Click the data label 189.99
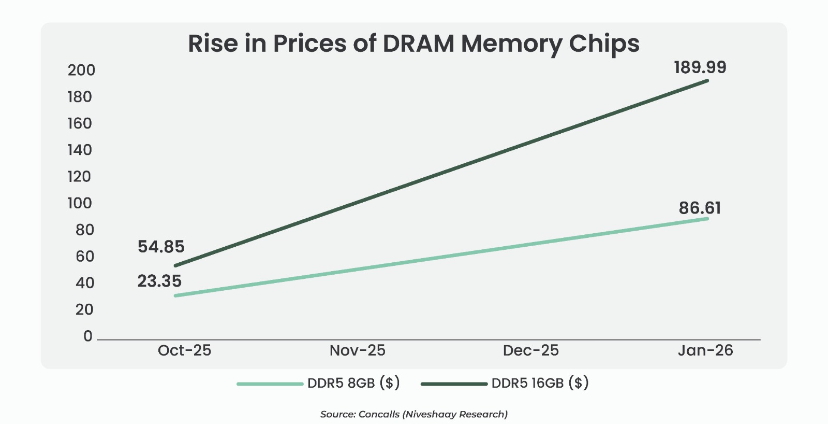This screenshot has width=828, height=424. (700, 67)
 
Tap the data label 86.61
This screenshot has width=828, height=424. (700, 208)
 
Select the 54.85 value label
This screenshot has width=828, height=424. (161, 247)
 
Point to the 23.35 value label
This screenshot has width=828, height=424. (159, 281)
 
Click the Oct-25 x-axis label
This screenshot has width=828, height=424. (184, 351)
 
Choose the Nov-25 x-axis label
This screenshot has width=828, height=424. (358, 351)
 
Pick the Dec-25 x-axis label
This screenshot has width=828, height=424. (531, 351)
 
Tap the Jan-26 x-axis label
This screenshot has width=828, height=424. (705, 351)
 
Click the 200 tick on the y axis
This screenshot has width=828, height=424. (81, 70)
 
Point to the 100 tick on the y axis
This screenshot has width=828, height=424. (80, 203)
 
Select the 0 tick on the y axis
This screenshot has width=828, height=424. (88, 336)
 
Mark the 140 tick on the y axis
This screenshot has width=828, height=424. (80, 150)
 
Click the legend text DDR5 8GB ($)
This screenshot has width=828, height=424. (353, 384)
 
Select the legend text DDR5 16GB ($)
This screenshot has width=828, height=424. (540, 384)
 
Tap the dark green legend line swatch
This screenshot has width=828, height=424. (454, 384)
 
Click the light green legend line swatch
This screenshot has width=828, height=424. (270, 384)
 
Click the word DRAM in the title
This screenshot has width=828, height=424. (418, 44)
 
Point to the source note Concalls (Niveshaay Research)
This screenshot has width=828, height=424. (433, 414)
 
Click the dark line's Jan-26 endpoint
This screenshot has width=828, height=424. (707, 81)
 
